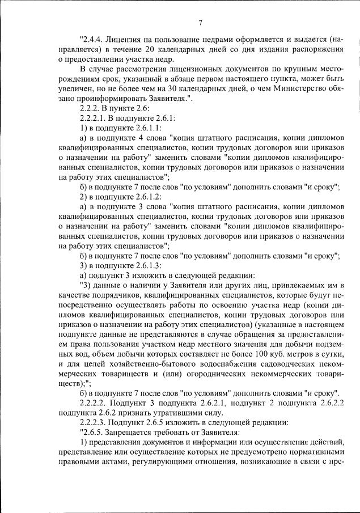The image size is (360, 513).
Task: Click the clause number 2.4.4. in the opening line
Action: tap(96, 41)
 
